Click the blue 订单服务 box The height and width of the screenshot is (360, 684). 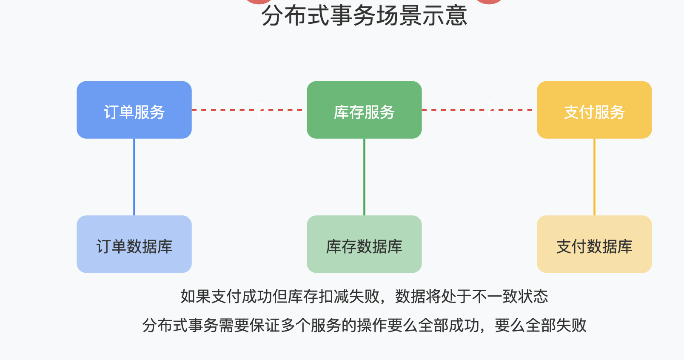click(134, 110)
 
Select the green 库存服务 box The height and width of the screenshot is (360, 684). click(364, 110)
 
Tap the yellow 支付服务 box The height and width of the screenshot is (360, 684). click(594, 110)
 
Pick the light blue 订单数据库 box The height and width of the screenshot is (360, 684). click(134, 244)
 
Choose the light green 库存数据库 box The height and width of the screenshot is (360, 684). click(364, 244)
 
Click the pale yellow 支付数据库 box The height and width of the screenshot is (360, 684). click(594, 244)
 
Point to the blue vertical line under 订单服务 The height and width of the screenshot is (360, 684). click(134, 177)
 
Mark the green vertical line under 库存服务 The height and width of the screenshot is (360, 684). click(364, 177)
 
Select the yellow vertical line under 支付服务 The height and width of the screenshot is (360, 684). click(594, 177)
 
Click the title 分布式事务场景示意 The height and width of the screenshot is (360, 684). click(364, 15)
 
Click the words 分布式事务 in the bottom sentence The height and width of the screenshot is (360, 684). click(180, 326)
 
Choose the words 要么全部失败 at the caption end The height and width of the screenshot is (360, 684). click(541, 326)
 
